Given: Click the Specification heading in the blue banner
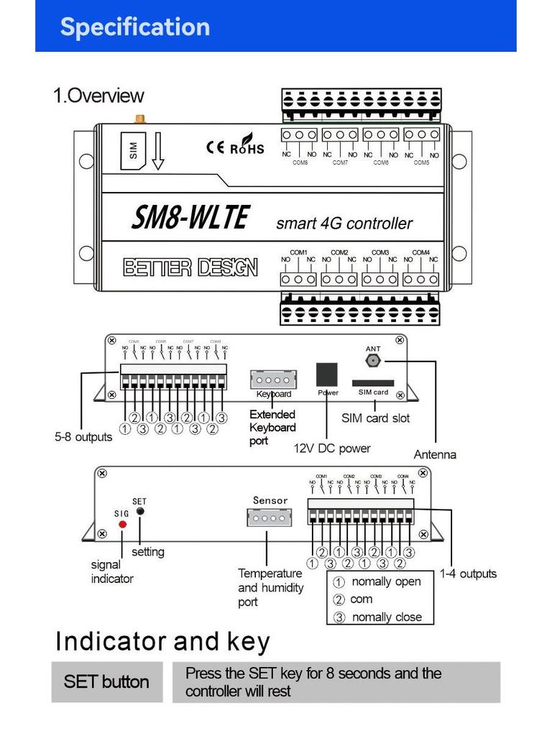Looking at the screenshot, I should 134,27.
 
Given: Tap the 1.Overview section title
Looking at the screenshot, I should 98,96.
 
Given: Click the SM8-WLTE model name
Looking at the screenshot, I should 190,217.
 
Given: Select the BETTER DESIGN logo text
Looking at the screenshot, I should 190,268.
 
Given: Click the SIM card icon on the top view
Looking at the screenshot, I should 133,151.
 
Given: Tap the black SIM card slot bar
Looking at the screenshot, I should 372,383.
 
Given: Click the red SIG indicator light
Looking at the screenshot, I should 122,525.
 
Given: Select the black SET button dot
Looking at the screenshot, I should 140,511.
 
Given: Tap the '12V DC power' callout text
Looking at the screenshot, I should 332,448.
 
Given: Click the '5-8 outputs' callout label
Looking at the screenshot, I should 83,437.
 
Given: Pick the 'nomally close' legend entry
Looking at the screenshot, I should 386,617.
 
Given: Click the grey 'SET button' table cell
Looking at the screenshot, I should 106,682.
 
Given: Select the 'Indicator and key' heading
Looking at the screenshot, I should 162,641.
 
